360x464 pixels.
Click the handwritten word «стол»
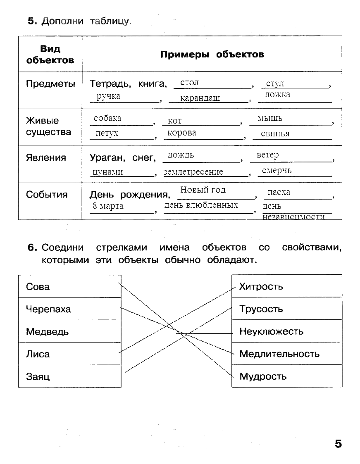tap(190, 83)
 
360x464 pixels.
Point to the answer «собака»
tap(107, 118)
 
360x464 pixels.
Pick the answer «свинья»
tap(275, 134)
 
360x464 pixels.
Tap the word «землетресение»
tap(193, 172)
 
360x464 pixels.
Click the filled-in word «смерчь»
tap(277, 170)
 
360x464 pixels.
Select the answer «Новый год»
tap(203, 190)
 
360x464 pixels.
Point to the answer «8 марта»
tap(108, 206)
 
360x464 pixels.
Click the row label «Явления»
tap(46, 158)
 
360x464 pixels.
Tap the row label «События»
tap(47, 195)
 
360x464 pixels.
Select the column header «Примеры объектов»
tap(212, 55)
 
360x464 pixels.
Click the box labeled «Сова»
tap(69, 286)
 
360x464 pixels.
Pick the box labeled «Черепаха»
tap(69, 309)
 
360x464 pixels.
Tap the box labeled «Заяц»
tap(69, 376)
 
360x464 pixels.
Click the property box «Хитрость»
tap(287, 286)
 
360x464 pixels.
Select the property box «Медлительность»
tap(287, 354)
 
